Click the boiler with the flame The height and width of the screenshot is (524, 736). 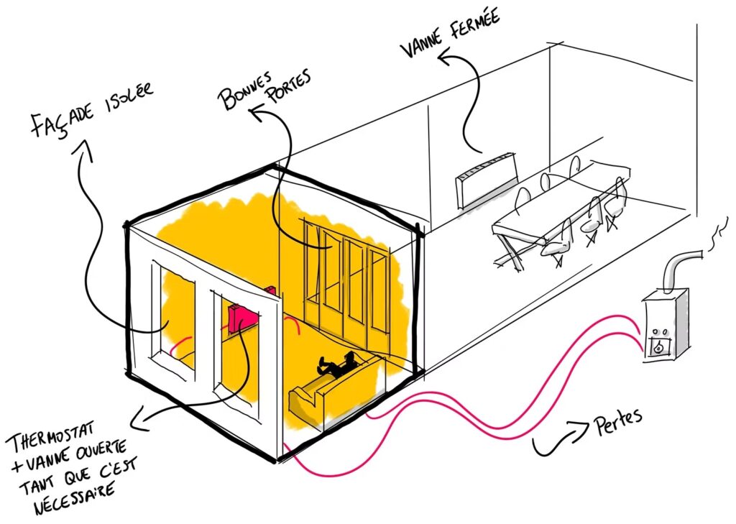pyautogui.click(x=664, y=323)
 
